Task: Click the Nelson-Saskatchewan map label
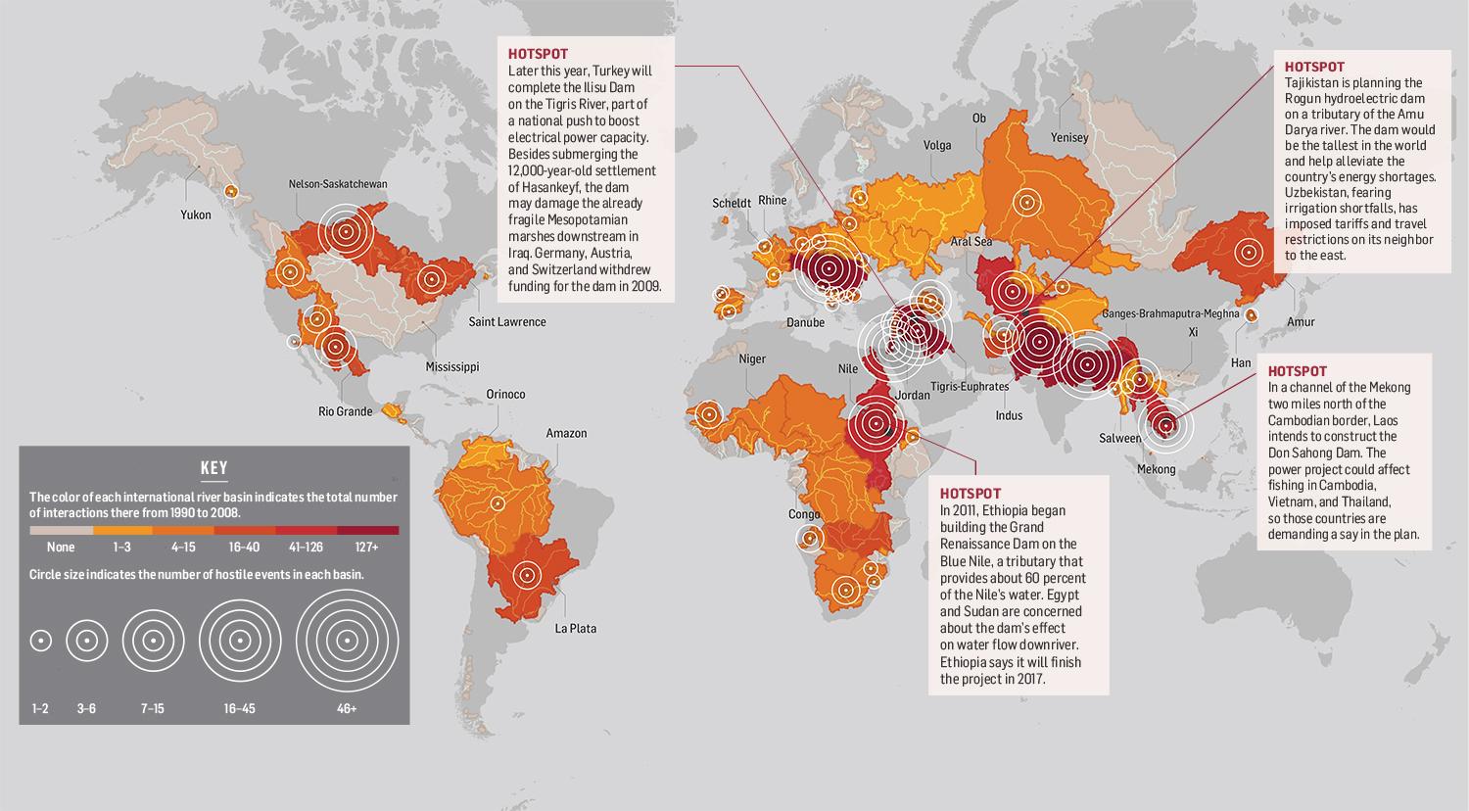[x=337, y=183]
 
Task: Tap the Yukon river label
[x=195, y=215]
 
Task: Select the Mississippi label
[x=452, y=367]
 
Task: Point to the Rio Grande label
[x=346, y=411]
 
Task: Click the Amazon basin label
[x=566, y=433]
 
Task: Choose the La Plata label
[x=575, y=629]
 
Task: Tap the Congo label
[x=804, y=514]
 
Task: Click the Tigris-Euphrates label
[x=970, y=387]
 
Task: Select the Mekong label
[x=1156, y=469]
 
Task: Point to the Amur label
[x=1301, y=322]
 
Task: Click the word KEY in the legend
[x=213, y=468]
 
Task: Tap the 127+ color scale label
[x=368, y=548]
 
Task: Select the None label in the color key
[x=61, y=548]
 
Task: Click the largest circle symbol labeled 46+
[x=347, y=642]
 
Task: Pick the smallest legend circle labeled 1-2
[x=40, y=642]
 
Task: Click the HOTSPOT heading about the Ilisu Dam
[x=538, y=54]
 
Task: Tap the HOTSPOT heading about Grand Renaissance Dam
[x=970, y=494]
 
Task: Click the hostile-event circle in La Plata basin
[x=529, y=576]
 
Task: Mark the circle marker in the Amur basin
[x=1247, y=252]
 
